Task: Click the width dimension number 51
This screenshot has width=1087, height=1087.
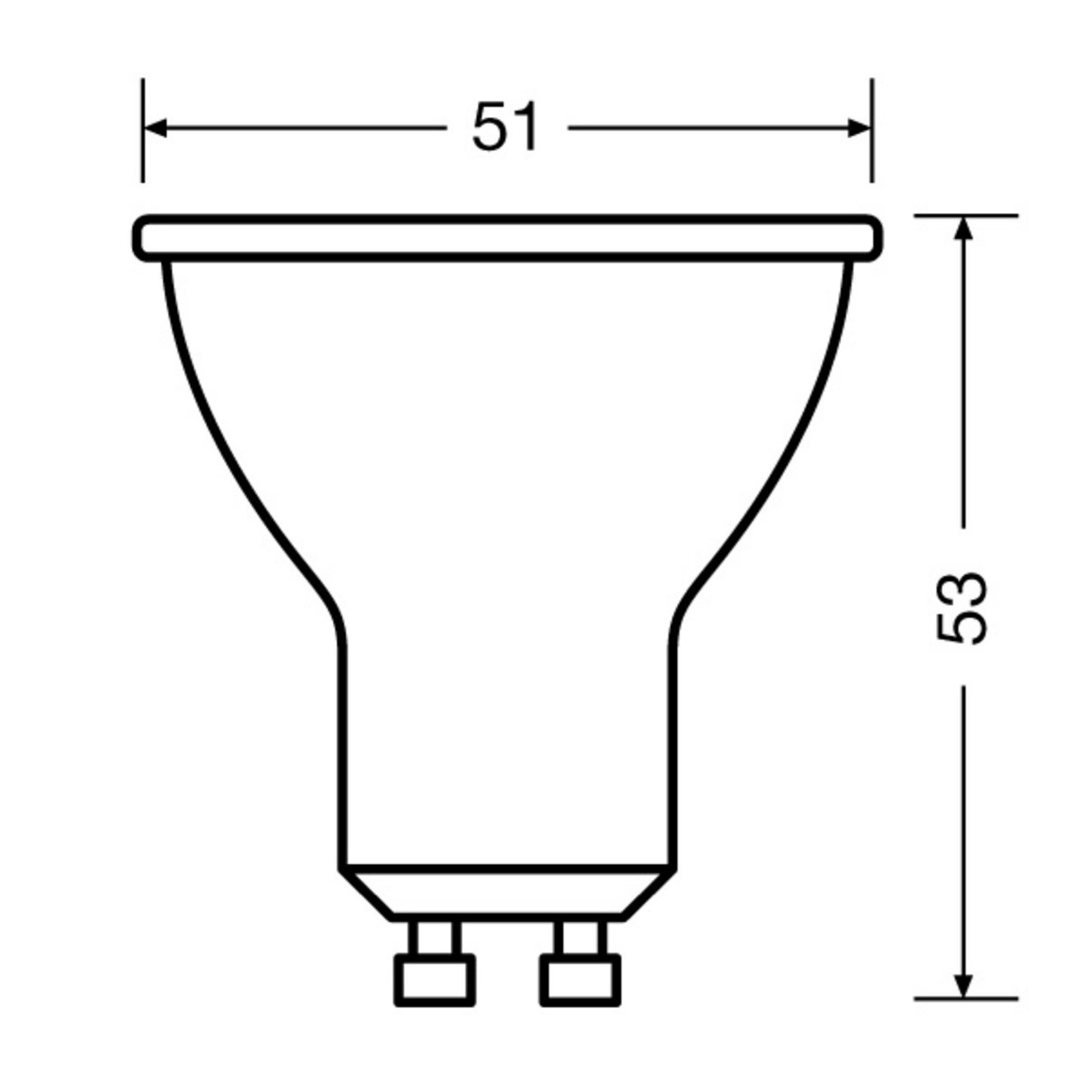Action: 505,128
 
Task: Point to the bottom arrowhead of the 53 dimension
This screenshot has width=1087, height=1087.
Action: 962,986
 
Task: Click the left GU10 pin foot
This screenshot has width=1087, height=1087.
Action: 435,980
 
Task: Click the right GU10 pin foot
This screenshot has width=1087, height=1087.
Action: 580,980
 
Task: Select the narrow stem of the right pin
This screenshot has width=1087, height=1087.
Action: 580,938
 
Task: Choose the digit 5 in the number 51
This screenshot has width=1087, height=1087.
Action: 489,128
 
